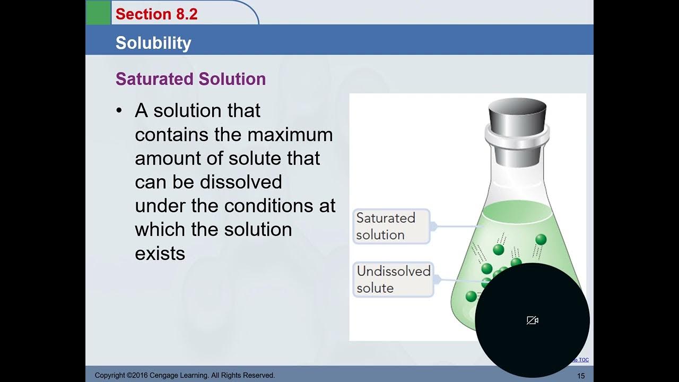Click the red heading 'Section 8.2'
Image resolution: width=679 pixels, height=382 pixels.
(x=156, y=14)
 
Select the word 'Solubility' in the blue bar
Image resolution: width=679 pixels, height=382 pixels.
(x=153, y=43)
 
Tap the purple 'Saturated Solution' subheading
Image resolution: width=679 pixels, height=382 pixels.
(x=190, y=79)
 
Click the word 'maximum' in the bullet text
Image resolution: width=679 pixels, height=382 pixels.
(x=290, y=135)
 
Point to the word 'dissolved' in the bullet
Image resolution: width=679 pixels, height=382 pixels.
(x=241, y=182)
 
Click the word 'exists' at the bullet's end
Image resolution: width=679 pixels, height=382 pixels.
(x=160, y=253)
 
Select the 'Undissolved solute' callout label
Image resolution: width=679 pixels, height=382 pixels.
(x=393, y=280)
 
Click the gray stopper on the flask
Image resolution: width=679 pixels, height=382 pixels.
(x=517, y=117)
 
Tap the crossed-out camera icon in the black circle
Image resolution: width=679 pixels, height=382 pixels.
(x=533, y=320)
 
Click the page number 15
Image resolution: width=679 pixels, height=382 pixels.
(x=581, y=376)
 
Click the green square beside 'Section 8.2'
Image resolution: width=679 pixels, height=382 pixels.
(x=98, y=13)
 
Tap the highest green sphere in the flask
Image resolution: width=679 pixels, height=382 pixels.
(x=541, y=239)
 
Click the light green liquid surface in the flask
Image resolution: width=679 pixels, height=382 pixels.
(x=517, y=213)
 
